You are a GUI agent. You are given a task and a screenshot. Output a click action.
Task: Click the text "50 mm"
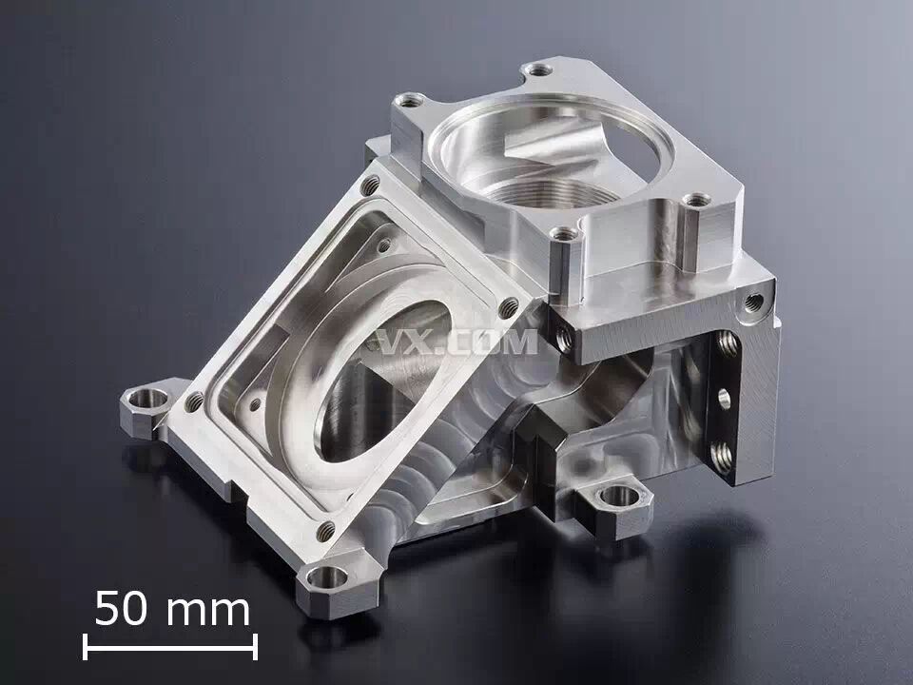click(x=172, y=609)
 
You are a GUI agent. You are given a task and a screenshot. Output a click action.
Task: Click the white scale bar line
click(x=170, y=647)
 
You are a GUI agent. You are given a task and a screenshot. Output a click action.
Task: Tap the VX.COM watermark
click(x=457, y=342)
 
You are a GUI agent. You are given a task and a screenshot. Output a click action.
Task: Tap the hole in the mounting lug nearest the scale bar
click(x=326, y=577)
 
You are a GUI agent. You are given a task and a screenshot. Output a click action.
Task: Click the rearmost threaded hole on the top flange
click(x=538, y=70)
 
